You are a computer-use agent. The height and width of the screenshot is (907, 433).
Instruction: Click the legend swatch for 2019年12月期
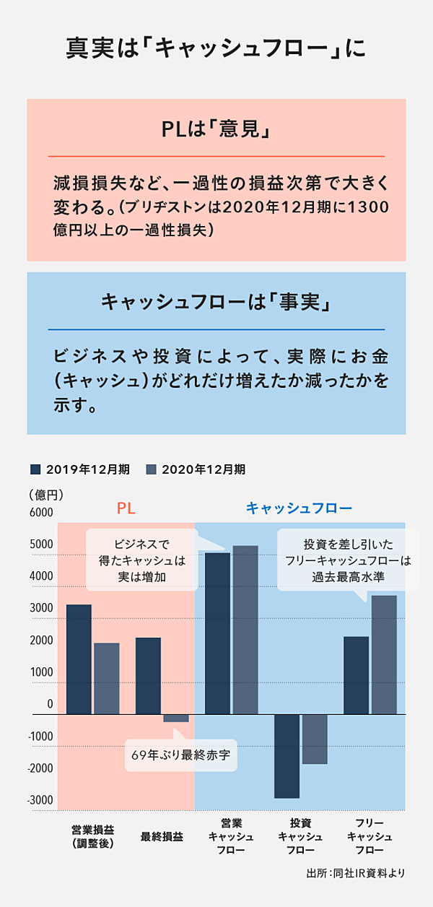coord(35,469)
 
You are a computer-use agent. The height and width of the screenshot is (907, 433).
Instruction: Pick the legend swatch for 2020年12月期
coord(152,469)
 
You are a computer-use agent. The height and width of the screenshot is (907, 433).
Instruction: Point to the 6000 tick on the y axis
coord(40,512)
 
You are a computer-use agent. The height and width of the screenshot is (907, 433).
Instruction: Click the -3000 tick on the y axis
coord(40,799)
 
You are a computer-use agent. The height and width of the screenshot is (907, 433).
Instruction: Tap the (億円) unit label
coord(46,495)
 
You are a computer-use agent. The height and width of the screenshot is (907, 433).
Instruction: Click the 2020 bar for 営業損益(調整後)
coord(107,678)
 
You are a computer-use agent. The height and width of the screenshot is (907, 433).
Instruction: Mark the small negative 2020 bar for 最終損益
coord(176,718)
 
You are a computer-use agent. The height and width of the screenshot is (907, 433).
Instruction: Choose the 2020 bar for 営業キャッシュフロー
coord(245,630)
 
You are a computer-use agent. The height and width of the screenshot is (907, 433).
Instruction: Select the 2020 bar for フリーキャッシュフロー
coord(384,654)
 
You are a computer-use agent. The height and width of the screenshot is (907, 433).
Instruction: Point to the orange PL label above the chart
coord(126,509)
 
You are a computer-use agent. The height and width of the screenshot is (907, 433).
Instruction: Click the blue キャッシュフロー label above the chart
coord(299,509)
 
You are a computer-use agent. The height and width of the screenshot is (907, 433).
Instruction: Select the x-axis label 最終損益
coord(162,838)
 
